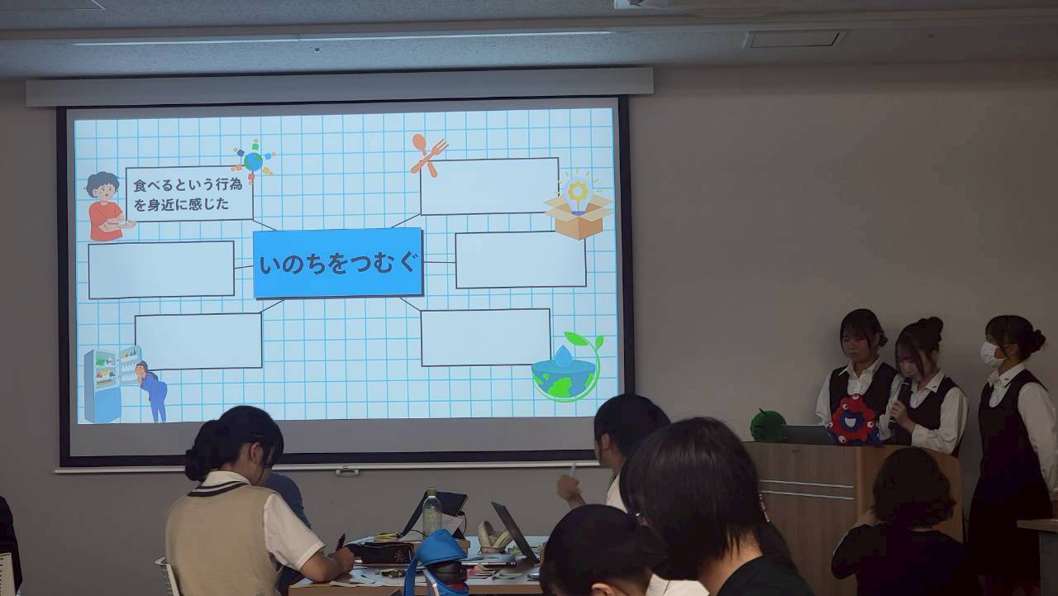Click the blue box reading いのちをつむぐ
tap(337, 263)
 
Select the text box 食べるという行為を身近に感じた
tap(189, 193)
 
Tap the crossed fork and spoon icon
tap(428, 155)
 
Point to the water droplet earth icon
tap(566, 368)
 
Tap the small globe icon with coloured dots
tap(253, 160)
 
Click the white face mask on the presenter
tap(990, 354)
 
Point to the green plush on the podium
tap(768, 426)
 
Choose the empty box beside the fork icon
tap(489, 186)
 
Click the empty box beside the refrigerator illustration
tap(198, 341)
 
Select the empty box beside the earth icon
tap(485, 337)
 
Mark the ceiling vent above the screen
tap(793, 39)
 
